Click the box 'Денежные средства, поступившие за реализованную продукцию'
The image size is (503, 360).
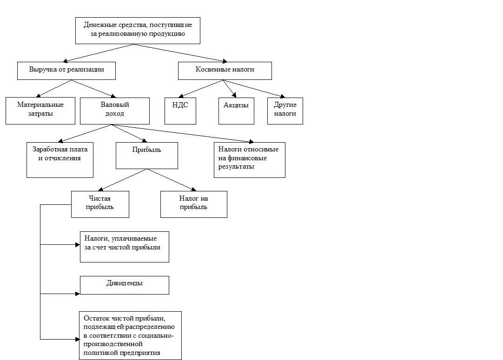tap(138, 30)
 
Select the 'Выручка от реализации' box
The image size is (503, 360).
tap(66, 71)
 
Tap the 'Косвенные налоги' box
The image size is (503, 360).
tap(225, 71)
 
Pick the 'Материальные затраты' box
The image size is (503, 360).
tap(40, 111)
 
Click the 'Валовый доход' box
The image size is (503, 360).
tap(115, 111)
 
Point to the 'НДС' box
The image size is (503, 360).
tap(180, 111)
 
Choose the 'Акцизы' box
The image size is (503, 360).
tap(236, 111)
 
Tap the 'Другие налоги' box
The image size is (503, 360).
tap(285, 111)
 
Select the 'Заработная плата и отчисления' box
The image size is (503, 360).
tap(60, 160)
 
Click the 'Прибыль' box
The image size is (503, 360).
tap(147, 155)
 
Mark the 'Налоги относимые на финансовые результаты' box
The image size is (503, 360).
tap(250, 160)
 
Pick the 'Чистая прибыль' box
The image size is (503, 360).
tap(100, 204)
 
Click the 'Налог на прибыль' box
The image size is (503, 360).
tap(194, 204)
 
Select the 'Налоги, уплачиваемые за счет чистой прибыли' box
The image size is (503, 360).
tap(125, 247)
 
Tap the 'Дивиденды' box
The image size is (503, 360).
tap(125, 285)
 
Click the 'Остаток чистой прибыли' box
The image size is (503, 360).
tap(130, 335)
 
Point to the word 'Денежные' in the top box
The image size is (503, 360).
tap(98, 25)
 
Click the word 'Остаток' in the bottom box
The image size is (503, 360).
tap(96, 318)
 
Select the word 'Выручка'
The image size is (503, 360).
tap(42, 70)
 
